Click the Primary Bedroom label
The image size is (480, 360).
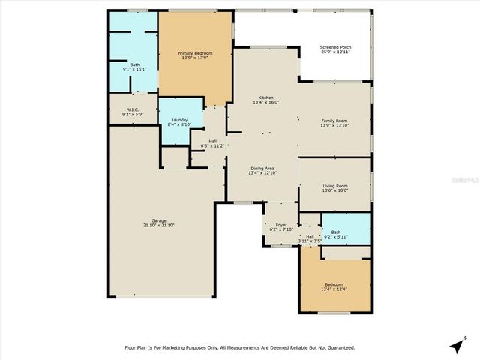click(x=194, y=53)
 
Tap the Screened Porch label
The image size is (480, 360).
click(x=336, y=47)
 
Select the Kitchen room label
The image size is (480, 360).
click(x=265, y=97)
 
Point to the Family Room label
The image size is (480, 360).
click(x=334, y=120)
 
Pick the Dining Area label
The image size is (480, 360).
click(x=262, y=168)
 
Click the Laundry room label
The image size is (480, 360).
click(x=178, y=120)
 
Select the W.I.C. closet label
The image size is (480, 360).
click(x=124, y=109)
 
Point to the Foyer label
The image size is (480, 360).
click(x=281, y=224)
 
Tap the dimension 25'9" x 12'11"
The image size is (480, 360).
click(x=336, y=52)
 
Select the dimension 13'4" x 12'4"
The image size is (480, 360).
click(x=334, y=289)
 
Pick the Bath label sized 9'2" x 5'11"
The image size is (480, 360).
click(x=335, y=232)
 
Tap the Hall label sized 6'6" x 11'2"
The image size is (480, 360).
click(x=212, y=141)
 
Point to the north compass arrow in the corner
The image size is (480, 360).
click(x=455, y=346)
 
